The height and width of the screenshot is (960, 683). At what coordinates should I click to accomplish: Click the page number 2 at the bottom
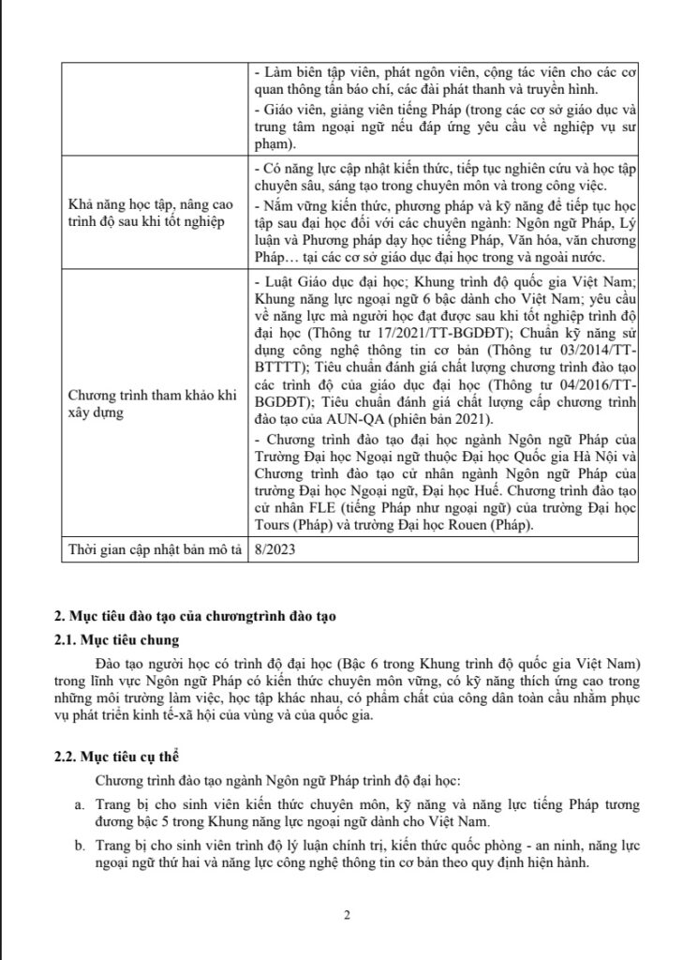coord(346,915)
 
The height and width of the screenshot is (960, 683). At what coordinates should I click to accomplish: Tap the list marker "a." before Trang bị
coord(78,804)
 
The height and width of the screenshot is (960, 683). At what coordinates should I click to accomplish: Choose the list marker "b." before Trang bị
coord(78,846)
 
